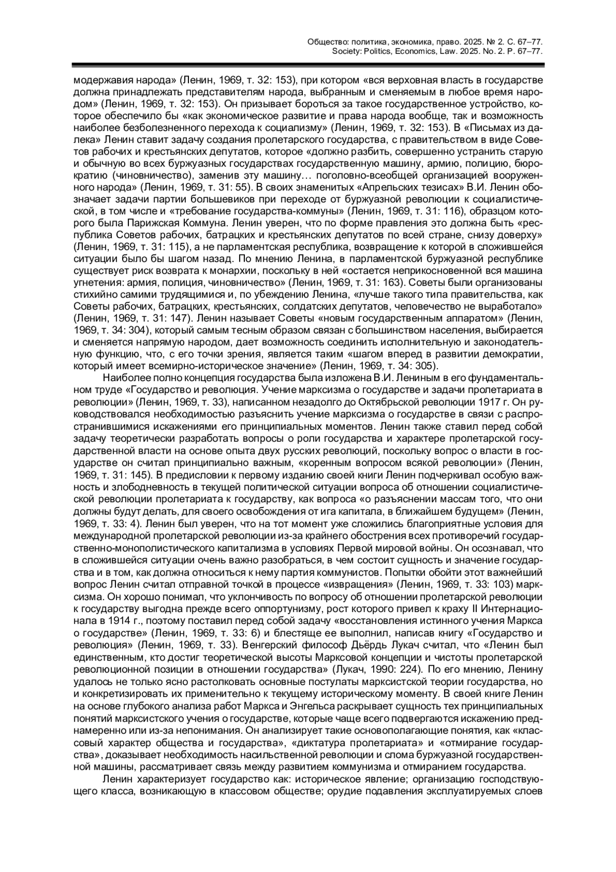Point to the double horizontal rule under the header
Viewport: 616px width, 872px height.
(x=307, y=65)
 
